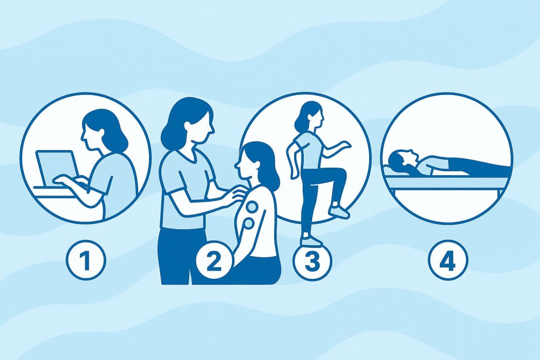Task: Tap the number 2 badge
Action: [214, 260]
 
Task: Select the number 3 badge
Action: [312, 260]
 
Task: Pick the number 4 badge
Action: [448, 259]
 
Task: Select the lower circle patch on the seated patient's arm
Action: [248, 225]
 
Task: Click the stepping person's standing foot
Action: [311, 239]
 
